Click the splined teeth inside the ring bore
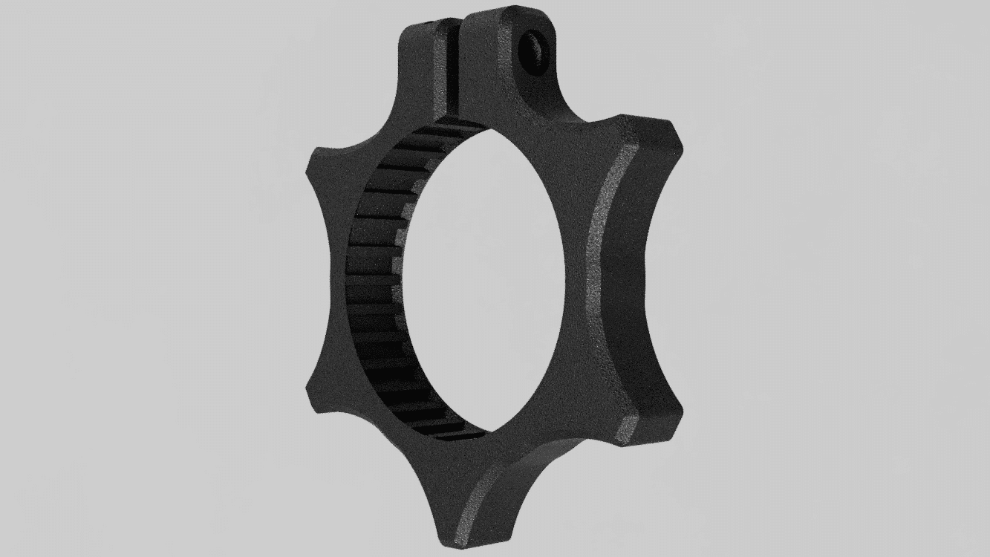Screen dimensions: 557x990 [371, 282]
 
